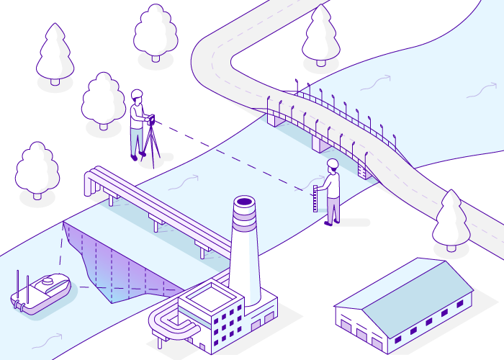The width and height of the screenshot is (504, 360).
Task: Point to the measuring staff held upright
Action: point(315,198)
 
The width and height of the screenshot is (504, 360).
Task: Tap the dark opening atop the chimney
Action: point(244,202)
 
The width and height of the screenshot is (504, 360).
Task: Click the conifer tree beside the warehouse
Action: point(451,220)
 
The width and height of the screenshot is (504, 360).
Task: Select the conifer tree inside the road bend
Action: point(320,36)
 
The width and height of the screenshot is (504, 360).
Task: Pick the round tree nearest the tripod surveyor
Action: point(104,101)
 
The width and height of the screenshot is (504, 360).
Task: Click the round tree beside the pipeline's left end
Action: point(37,169)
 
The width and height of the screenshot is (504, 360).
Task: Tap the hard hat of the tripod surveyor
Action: point(137,94)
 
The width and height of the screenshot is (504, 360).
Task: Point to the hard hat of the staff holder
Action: point(332,163)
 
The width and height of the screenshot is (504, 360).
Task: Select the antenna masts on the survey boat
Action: point(23,284)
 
